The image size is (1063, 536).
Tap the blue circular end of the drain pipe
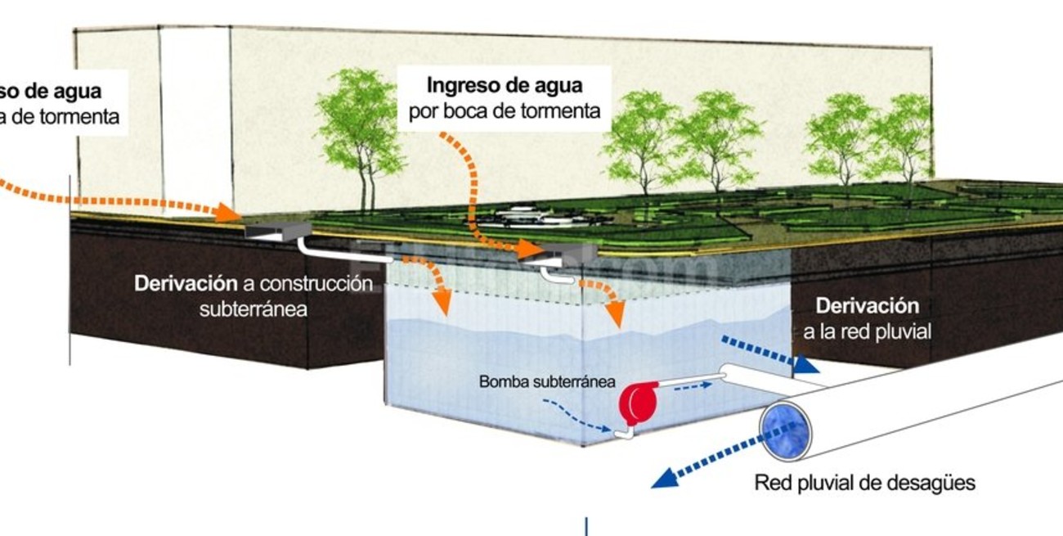coord(784,430)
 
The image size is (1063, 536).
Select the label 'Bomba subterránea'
coord(547,381)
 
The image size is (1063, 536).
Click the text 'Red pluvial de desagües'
coord(864,482)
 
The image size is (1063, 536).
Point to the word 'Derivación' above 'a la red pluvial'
coord(867,306)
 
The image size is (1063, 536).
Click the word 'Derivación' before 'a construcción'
coord(186,283)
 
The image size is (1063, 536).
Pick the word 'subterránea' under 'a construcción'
coord(253,309)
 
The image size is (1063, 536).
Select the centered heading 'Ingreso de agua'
coord(505,84)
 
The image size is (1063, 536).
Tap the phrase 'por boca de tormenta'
coord(505,110)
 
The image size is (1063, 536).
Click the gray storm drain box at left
coord(278,230)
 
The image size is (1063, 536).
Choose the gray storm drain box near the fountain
coord(565,254)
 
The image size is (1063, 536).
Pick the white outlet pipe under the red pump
coord(625,432)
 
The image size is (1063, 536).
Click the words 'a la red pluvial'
coord(867,331)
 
